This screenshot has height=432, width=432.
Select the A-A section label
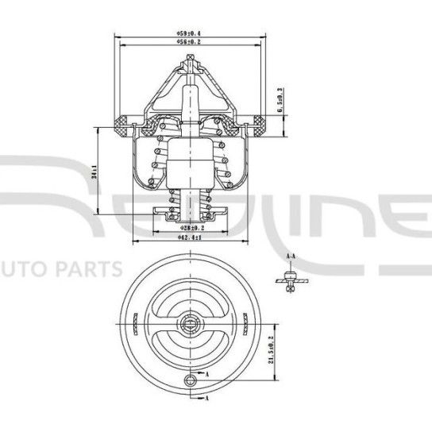tap(291, 257)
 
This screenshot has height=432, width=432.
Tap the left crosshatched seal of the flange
tap(124, 122)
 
